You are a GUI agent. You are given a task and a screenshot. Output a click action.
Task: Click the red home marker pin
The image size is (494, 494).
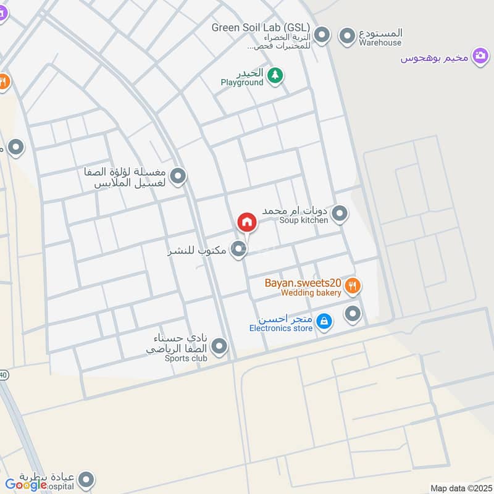[x=246, y=222]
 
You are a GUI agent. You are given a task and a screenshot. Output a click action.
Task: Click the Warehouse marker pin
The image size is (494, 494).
[x=348, y=34]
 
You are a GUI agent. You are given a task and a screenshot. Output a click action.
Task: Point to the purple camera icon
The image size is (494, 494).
[x=480, y=57]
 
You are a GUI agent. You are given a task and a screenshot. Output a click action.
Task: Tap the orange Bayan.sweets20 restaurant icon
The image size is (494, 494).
[x=352, y=285]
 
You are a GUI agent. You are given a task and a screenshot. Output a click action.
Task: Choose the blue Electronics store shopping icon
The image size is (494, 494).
[x=324, y=321]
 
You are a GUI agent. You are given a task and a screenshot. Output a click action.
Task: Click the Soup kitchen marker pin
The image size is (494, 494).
[x=339, y=214]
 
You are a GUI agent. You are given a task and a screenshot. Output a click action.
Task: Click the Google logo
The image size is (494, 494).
[x=26, y=485]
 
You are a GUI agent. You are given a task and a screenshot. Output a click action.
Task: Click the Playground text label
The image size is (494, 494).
[x=242, y=83]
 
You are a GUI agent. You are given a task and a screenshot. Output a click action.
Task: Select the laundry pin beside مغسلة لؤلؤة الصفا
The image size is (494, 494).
[x=178, y=177]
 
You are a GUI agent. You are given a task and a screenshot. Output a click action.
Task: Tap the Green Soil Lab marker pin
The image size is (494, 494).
[x=322, y=34]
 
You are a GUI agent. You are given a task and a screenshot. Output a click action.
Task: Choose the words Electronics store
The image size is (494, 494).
[x=281, y=329]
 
